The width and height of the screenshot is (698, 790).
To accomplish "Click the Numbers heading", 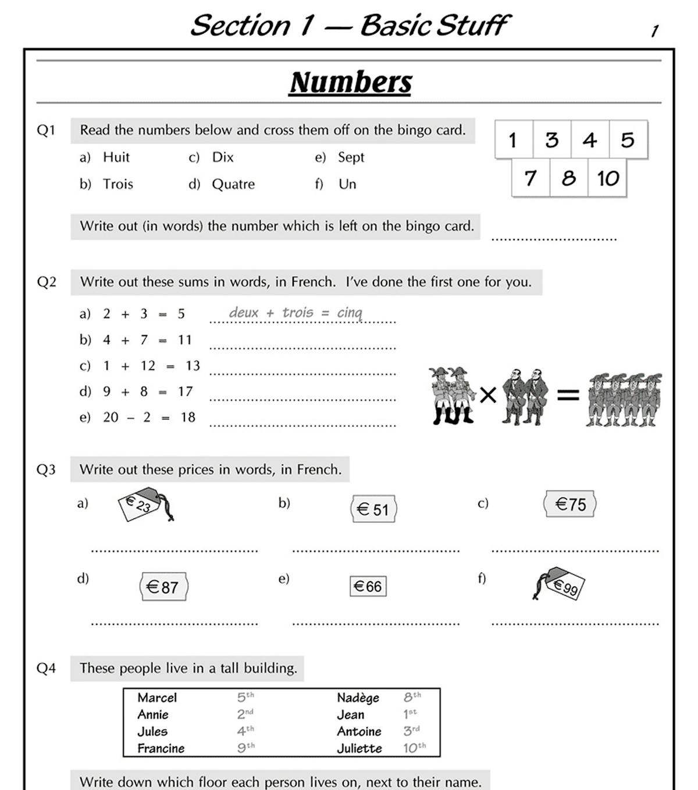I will click(351, 82).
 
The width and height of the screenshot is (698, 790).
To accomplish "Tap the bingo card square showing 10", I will click(608, 179).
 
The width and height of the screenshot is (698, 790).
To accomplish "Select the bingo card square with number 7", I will click(530, 179).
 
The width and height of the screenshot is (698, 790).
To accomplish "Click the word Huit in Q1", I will click(116, 157).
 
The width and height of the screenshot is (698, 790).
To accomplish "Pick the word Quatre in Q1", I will click(233, 184).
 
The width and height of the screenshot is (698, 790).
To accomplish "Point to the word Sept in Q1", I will click(351, 157).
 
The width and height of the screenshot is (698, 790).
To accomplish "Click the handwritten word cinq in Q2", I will click(350, 313).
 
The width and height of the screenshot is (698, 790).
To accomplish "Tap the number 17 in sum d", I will click(185, 392).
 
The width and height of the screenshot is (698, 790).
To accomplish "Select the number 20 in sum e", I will click(111, 417).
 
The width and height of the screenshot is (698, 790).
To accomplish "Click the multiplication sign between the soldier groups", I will click(488, 396).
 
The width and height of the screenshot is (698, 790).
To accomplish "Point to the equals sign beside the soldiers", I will click(568, 396).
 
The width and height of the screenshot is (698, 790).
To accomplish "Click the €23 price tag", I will click(143, 505).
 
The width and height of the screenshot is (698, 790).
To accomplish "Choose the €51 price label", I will click(373, 509).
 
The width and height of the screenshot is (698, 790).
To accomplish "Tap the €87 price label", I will click(163, 587).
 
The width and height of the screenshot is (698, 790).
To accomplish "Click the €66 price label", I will click(368, 586).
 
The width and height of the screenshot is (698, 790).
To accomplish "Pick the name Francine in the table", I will click(161, 748).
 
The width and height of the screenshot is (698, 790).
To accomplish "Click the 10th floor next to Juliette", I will click(414, 748).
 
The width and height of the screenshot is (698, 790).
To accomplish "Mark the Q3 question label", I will click(46, 469).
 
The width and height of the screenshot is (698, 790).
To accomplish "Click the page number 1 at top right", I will click(654, 31).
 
